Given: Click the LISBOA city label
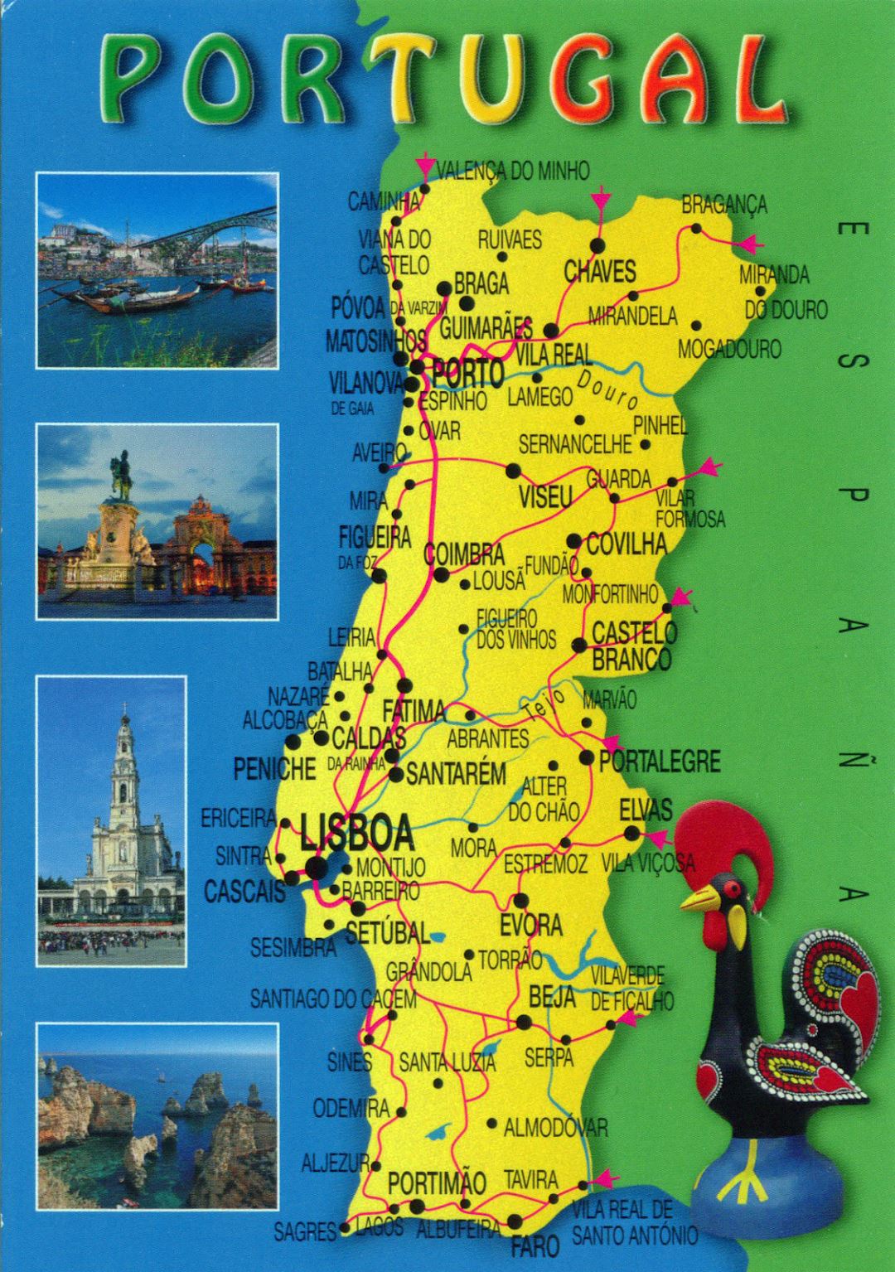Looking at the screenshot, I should tap(357, 834).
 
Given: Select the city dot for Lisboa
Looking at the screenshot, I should tap(316, 867).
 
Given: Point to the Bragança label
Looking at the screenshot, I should tap(723, 205).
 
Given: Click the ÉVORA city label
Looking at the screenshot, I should tap(530, 925).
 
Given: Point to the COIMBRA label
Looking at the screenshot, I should tap(463, 554).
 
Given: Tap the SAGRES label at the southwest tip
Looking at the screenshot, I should tap(305, 1232).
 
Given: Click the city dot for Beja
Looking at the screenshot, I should tap(524, 1023).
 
